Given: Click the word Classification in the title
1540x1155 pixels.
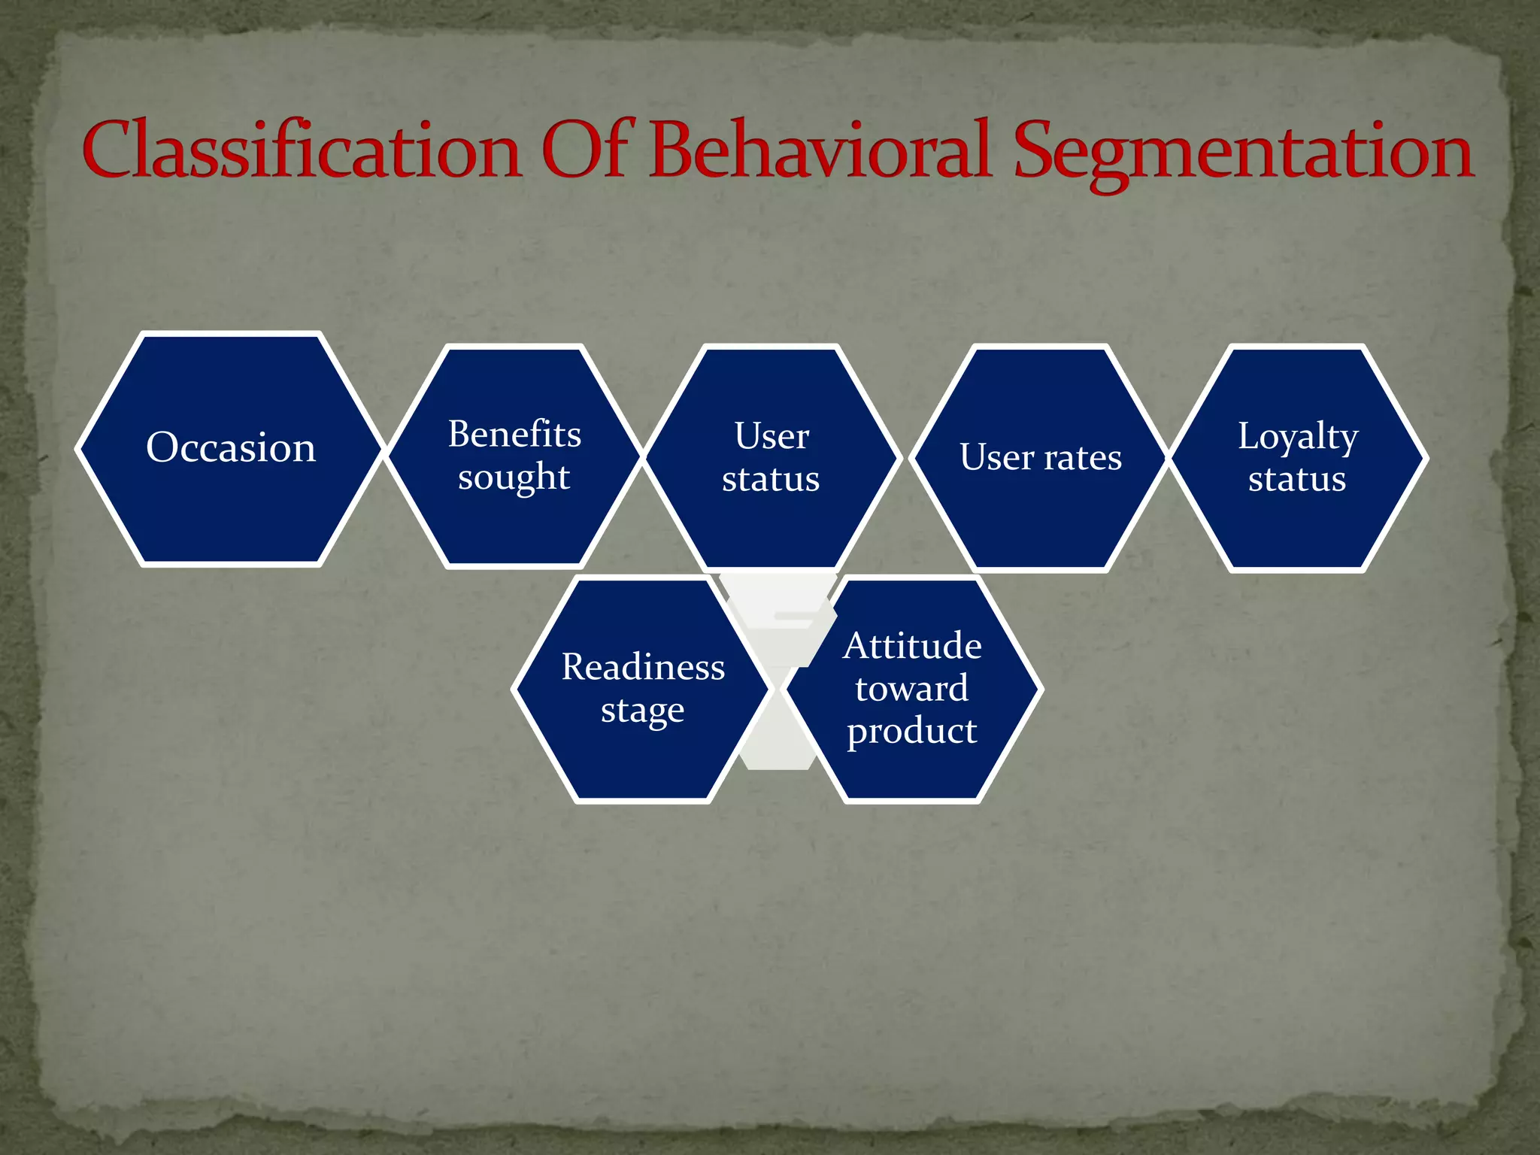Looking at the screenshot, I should click(302, 150).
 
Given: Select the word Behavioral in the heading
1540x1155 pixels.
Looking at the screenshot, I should click(820, 150).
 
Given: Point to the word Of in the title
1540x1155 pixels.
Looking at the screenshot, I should click(589, 150).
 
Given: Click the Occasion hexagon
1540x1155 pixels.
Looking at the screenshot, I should click(231, 448).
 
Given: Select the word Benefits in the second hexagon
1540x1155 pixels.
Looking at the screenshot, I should click(514, 435).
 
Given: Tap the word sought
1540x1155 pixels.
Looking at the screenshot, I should click(514, 478).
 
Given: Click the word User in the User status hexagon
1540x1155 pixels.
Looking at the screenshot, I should click(772, 436).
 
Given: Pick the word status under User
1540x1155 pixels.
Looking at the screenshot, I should click(771, 480).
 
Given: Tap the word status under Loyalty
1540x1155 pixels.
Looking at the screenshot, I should click(1297, 480).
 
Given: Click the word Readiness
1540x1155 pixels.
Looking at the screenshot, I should click(643, 668).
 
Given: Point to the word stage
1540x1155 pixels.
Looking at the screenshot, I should click(642, 711).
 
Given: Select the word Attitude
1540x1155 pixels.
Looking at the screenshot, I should click(912, 647).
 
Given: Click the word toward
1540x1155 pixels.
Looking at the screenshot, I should click(912, 689).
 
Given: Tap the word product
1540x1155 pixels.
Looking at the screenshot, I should click(912, 732).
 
